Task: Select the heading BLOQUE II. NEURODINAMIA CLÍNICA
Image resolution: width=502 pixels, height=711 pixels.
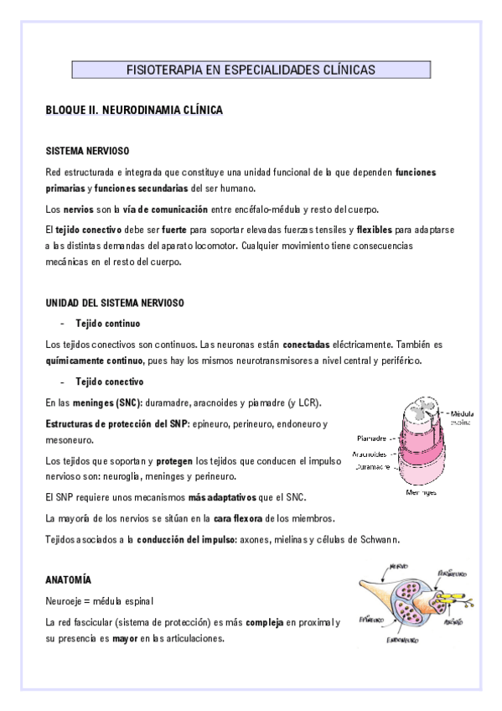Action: (133, 110)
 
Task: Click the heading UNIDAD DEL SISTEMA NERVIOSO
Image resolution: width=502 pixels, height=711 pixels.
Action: (115, 302)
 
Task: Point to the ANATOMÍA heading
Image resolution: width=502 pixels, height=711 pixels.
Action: (69, 580)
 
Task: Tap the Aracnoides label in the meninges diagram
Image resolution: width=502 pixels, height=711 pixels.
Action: (370, 454)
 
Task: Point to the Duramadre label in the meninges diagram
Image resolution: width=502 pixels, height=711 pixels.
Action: (371, 467)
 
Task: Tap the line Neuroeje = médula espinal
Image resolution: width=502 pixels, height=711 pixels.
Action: (100, 602)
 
